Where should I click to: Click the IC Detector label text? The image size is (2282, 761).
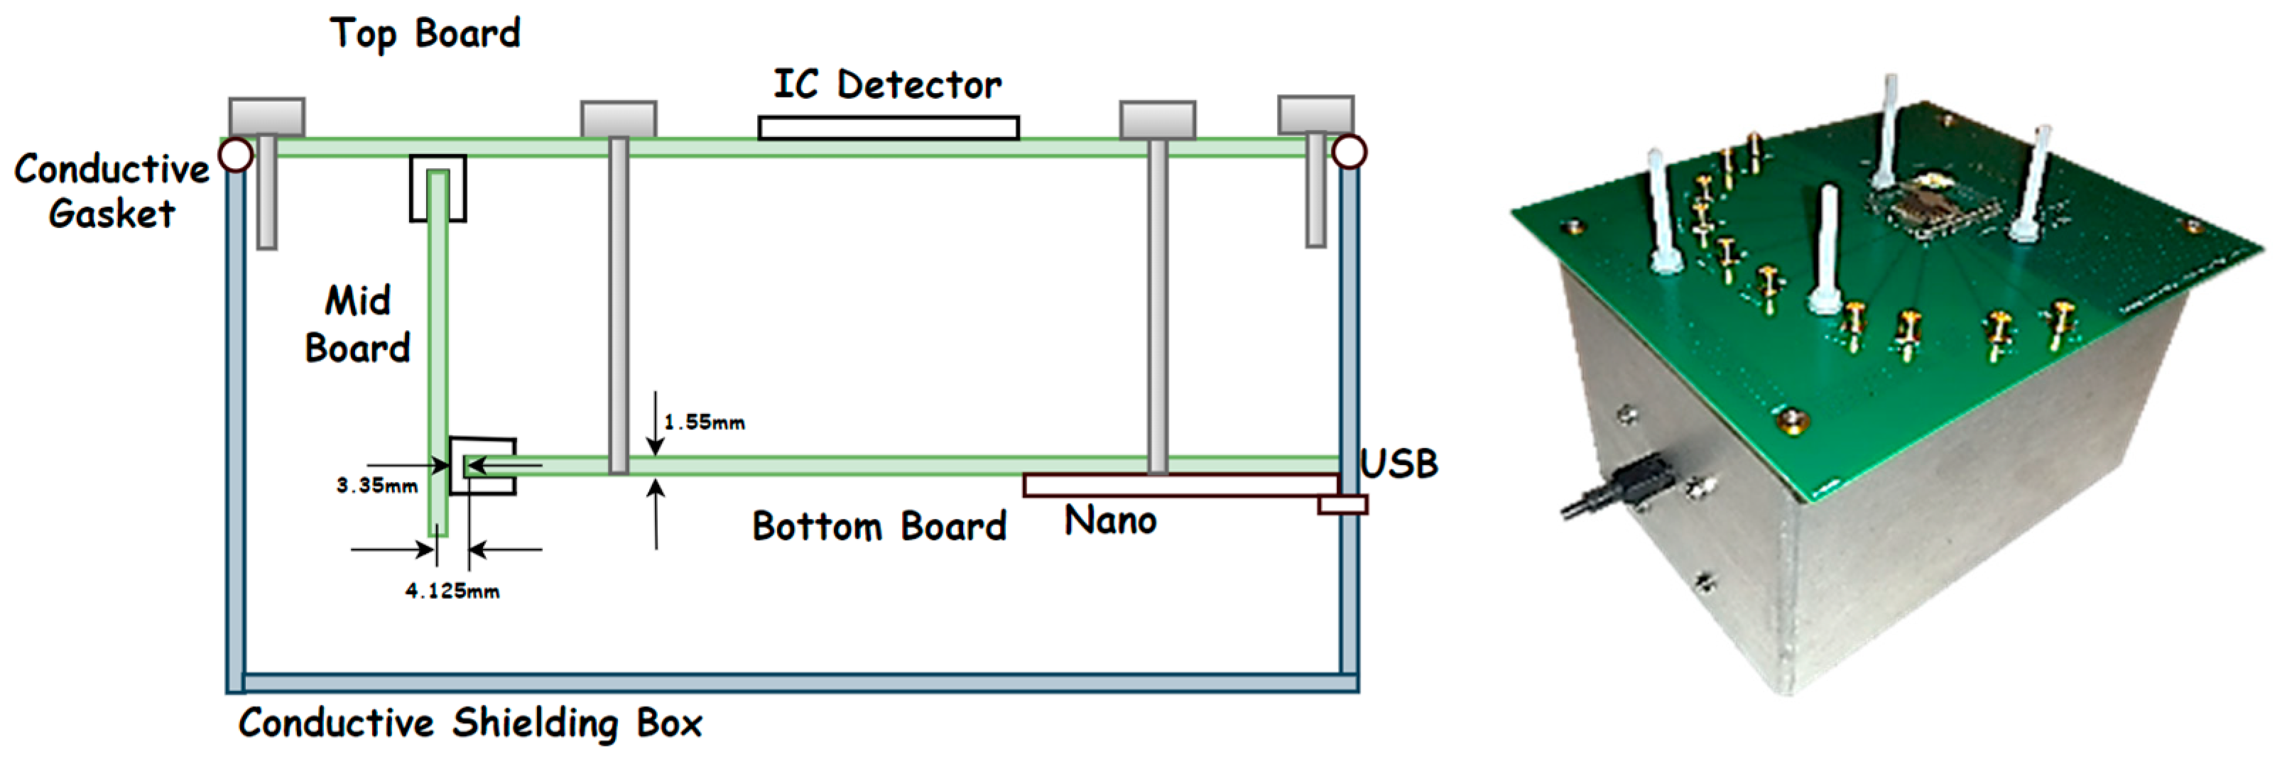pos(888,85)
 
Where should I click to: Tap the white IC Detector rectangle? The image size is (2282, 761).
pos(888,128)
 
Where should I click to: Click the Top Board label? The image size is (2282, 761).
pos(425,33)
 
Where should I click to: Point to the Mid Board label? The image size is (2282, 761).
pos(357,324)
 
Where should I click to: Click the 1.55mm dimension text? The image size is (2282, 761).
pos(705,422)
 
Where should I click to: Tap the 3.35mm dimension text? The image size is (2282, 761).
pos(376,486)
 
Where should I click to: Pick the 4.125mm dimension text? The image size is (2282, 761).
pos(452,591)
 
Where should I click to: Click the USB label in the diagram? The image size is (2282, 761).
pos(1398,464)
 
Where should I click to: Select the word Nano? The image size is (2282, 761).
pos(1110,521)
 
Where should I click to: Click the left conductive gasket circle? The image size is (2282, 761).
pos(236,154)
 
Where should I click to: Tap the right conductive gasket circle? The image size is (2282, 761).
pos(1348,153)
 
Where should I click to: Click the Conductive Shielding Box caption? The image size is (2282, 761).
pos(470,723)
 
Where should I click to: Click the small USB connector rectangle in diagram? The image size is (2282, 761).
pos(1342,505)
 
